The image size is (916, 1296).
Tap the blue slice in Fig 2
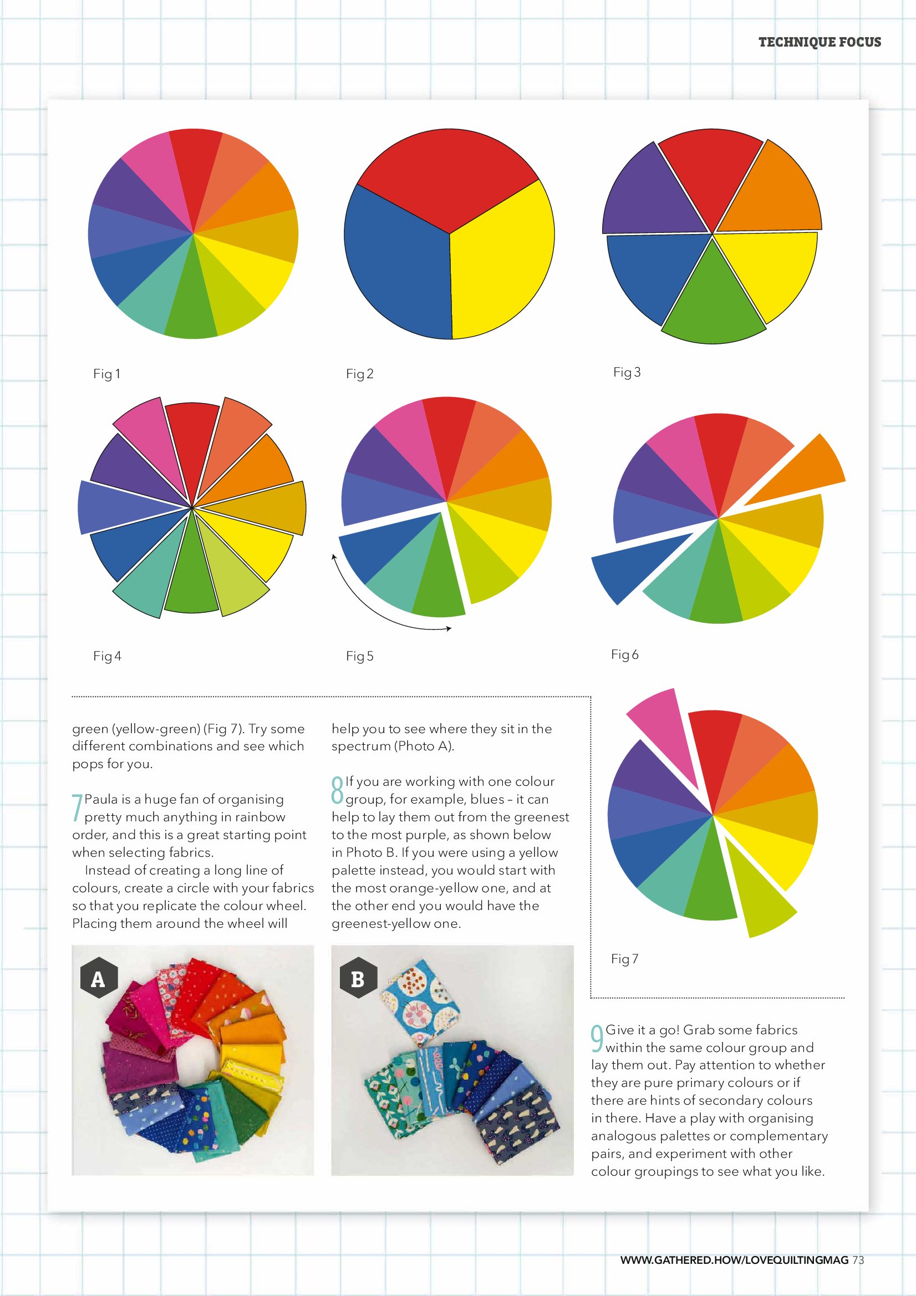tap(395, 260)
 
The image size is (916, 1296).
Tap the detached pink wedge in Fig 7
tap(663, 728)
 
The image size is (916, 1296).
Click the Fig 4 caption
tap(106, 656)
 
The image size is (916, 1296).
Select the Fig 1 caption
tap(106, 374)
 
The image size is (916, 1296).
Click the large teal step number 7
tap(77, 808)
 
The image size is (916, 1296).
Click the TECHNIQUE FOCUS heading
tap(820, 42)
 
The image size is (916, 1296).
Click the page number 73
tap(858, 1260)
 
